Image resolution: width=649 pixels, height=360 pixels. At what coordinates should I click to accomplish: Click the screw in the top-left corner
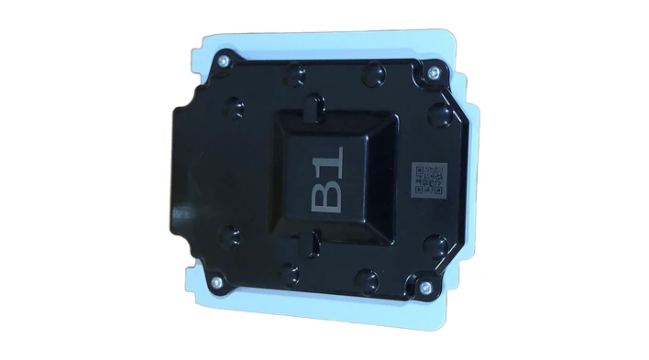point(224,60)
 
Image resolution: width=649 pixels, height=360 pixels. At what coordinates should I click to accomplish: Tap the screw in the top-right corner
point(433,73)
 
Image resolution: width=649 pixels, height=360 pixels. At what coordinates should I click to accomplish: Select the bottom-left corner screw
point(216,283)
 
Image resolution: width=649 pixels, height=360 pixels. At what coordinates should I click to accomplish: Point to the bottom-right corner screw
point(425,287)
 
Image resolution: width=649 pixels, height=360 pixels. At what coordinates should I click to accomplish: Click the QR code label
point(430,180)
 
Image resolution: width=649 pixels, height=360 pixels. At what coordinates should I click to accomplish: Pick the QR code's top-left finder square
point(420,170)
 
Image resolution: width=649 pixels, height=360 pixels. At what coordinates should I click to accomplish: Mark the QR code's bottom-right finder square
point(437,190)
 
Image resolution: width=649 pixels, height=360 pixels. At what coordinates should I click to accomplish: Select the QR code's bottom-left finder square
point(419,189)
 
